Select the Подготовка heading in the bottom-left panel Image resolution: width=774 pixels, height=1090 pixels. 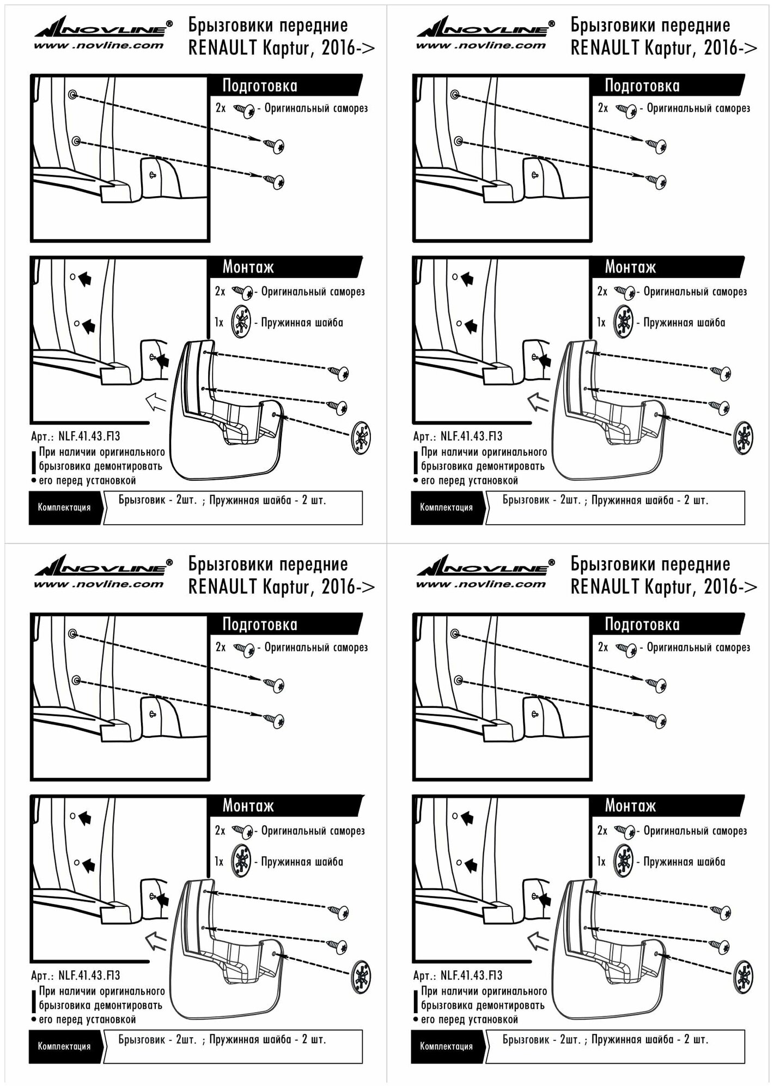260,625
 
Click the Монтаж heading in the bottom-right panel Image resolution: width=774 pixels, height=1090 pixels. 630,806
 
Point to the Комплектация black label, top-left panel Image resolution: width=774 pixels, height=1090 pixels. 64,507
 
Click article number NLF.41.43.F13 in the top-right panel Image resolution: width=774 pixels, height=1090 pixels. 471,437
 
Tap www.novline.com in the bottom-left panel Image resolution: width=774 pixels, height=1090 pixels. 99,585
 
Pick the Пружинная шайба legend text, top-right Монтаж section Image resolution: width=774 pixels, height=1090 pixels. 684,323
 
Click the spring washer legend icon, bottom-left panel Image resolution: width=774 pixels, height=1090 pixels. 241,861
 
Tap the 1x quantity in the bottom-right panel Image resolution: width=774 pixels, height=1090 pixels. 601,862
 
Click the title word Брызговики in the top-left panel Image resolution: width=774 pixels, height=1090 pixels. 228,26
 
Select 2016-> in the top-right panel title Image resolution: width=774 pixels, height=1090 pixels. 730,49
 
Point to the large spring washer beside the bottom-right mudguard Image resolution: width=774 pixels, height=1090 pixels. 743,976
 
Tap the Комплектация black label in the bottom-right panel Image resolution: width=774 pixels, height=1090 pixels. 447,1046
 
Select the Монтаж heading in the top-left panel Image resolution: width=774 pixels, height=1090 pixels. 248,267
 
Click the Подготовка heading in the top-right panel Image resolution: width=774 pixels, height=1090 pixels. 642,86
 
